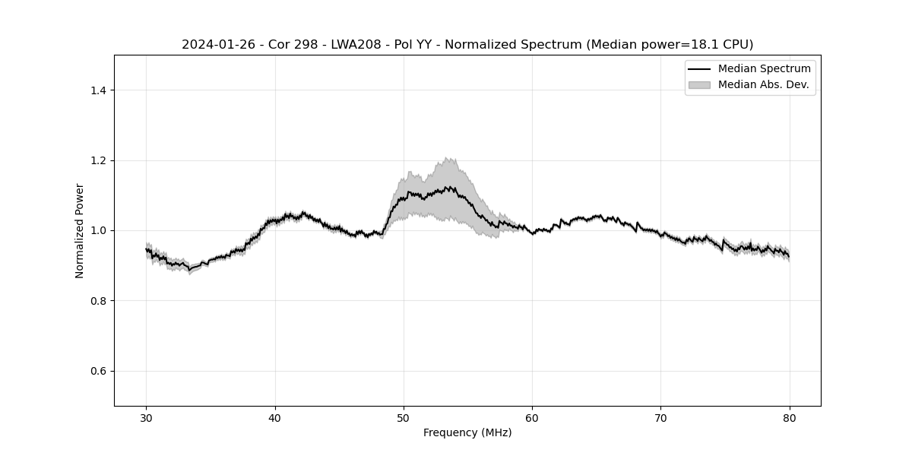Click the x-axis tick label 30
147,418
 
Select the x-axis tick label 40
275,418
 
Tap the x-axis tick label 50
404,418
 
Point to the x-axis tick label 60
532,418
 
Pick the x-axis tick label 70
660,418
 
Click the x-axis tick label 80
790,418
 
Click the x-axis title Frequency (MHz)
467,433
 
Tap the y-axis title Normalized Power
80,230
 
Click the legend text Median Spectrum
764,69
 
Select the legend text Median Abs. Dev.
763,84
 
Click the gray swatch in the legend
698,84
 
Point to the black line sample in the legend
698,69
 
